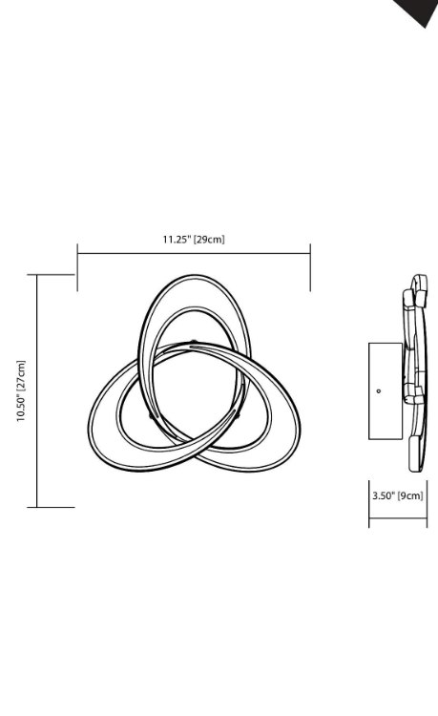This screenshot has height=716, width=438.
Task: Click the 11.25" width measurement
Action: point(176,239)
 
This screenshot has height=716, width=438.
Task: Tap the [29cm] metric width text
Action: point(209,239)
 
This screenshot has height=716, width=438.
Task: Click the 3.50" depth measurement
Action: point(384,495)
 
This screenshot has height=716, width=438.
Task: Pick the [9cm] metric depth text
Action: point(410,495)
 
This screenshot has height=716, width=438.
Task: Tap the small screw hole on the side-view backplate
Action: point(379,390)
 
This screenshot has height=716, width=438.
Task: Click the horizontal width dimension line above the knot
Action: point(194,254)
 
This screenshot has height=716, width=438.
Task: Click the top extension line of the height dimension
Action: point(55,275)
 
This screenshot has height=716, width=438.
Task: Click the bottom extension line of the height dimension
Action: point(55,507)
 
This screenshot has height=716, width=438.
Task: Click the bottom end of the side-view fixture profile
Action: point(415,466)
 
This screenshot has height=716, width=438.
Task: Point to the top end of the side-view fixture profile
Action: point(418,279)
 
